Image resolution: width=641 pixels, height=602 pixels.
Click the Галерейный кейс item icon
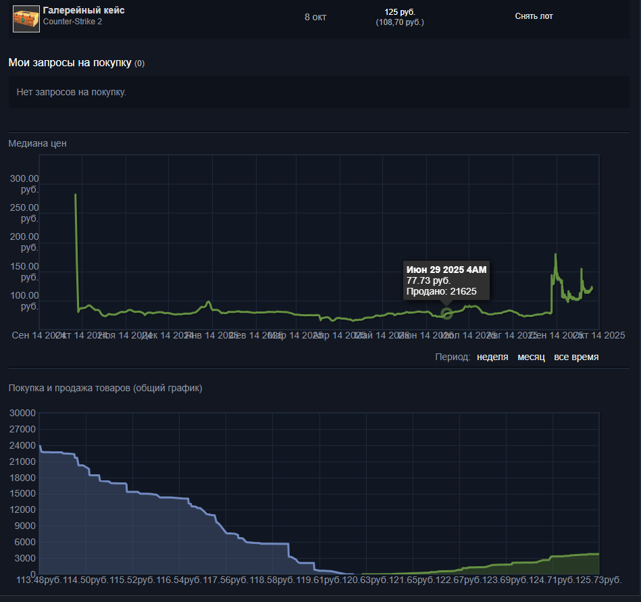[26, 18]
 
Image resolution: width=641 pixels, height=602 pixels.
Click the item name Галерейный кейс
[83, 11]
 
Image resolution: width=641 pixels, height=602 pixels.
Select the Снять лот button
[534, 16]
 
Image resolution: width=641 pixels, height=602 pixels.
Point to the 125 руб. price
[400, 12]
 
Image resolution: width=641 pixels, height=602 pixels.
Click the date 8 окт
[315, 17]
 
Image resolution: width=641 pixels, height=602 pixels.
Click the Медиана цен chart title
[37, 143]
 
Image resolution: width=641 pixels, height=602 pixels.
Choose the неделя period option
[492, 357]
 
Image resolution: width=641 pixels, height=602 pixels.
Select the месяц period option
[531, 357]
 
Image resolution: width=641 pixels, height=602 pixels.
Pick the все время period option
[575, 357]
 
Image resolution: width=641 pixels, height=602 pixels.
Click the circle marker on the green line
[446, 313]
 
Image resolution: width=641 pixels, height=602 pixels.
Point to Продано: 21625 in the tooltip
[441, 291]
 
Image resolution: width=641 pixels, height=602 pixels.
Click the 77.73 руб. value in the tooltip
[428, 280]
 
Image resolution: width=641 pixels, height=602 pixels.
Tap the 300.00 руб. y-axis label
[25, 184]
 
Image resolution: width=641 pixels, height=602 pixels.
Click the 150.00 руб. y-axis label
[25, 272]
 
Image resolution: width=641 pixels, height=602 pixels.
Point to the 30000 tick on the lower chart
[22, 413]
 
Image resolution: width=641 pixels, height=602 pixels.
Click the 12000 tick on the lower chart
[22, 510]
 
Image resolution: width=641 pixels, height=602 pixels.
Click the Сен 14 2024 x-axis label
[35, 335]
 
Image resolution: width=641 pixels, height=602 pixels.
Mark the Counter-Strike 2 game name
[72, 22]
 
